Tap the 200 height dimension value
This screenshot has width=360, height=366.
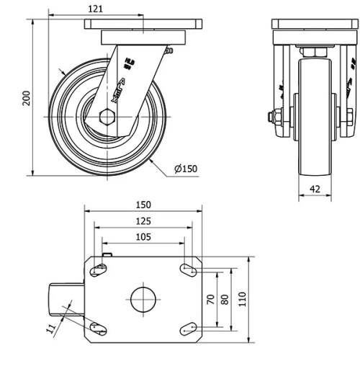[x=27, y=98]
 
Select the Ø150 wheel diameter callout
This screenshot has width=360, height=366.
[x=185, y=169]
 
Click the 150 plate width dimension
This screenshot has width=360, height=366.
[x=143, y=205]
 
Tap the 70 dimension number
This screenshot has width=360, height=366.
[x=211, y=299]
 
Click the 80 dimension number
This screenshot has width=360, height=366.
[x=225, y=299]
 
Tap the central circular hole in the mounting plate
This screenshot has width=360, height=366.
[x=143, y=299]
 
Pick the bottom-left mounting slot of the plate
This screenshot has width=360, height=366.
[x=99, y=329]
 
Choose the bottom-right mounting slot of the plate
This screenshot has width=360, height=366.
[x=189, y=329]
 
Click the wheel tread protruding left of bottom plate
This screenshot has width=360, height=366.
[x=65, y=299]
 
